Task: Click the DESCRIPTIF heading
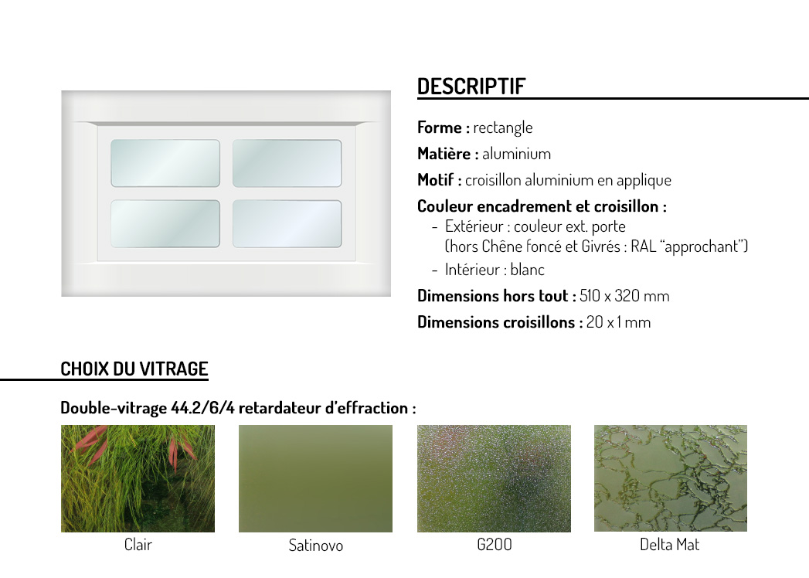471,87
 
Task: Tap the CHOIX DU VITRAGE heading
134,369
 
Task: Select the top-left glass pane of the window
165,163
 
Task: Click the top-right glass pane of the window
287,163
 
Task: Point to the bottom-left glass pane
165,223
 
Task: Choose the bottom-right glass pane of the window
287,223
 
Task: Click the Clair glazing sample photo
138,478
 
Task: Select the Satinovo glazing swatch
315,478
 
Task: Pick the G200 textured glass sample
494,478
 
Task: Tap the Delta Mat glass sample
670,478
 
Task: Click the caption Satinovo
315,545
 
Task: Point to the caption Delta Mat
669,545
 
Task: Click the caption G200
494,545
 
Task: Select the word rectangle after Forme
502,127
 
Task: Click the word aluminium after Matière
516,153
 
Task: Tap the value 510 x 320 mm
624,296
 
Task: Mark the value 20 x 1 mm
618,322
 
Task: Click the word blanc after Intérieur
527,270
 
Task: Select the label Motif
436,179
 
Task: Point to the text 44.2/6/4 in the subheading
202,408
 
